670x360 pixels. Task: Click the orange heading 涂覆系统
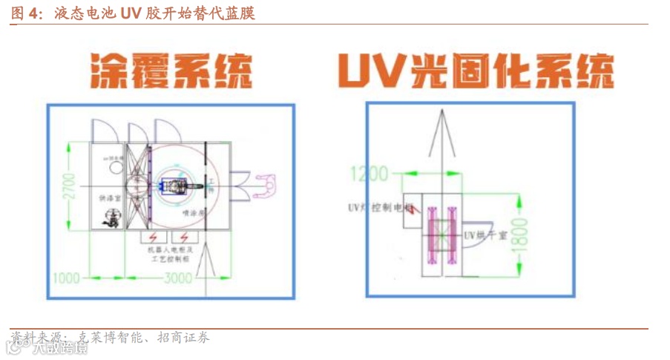[x=171, y=71]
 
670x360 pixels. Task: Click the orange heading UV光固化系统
[x=476, y=71]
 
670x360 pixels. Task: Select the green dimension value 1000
[x=66, y=278]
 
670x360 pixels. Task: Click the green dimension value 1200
[x=369, y=174]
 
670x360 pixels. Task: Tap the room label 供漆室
[x=108, y=199]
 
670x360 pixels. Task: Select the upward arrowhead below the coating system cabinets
[x=208, y=256]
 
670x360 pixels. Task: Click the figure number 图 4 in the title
[x=27, y=14]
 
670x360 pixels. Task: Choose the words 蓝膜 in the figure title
[x=242, y=14]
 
